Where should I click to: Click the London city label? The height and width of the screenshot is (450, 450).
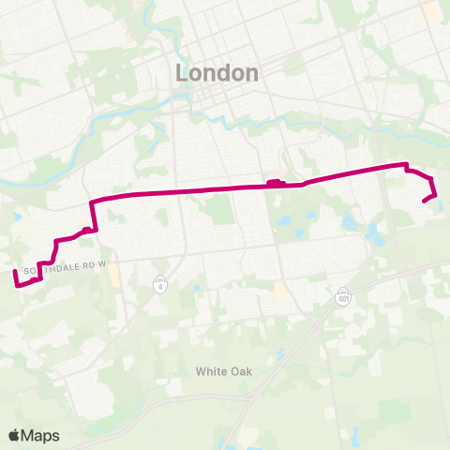217,73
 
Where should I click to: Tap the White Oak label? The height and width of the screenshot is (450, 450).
224,371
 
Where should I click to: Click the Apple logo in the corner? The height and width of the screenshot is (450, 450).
14,435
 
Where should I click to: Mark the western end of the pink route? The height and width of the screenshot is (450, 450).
14,272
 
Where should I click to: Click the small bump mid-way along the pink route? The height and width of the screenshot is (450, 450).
274,183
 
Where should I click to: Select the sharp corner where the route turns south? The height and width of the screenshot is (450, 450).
90,202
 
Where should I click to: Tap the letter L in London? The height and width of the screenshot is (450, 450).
181,73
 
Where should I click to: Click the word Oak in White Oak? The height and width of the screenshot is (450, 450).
241,371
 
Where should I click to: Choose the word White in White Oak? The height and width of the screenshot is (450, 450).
211,371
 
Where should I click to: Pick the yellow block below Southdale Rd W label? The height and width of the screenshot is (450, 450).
114,278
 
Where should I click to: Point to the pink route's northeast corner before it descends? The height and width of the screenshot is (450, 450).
406,166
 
